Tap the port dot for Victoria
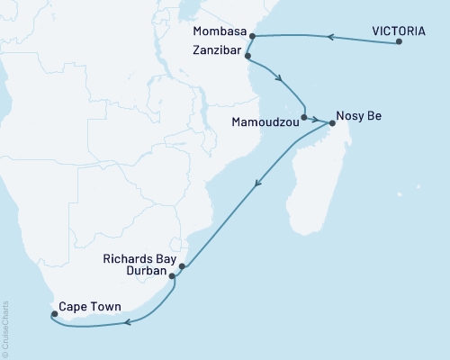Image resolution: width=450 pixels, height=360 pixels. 399,42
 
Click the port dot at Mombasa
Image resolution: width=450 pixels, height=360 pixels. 252,37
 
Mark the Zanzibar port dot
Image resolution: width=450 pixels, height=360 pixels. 247,55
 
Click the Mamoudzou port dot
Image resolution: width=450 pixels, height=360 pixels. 304,117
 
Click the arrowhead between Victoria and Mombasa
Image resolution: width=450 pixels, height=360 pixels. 330,37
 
